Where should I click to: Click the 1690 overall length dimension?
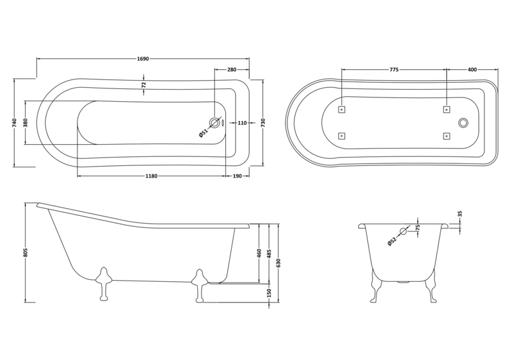(x=143, y=59)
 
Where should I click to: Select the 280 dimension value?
(x=232, y=69)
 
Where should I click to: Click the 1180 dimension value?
(x=150, y=176)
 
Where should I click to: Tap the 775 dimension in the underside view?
(x=394, y=69)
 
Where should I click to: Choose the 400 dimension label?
(x=472, y=69)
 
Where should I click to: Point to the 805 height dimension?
(x=26, y=252)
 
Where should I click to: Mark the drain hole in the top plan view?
(x=215, y=122)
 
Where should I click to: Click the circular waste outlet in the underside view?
(x=464, y=122)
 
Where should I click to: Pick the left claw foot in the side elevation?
(x=102, y=283)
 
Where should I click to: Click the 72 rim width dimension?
(x=143, y=84)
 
